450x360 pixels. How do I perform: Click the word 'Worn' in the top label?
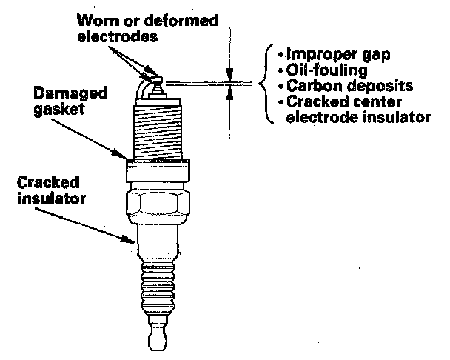[98, 20]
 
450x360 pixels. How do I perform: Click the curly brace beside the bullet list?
[266, 81]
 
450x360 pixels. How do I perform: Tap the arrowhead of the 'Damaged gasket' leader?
[126, 156]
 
